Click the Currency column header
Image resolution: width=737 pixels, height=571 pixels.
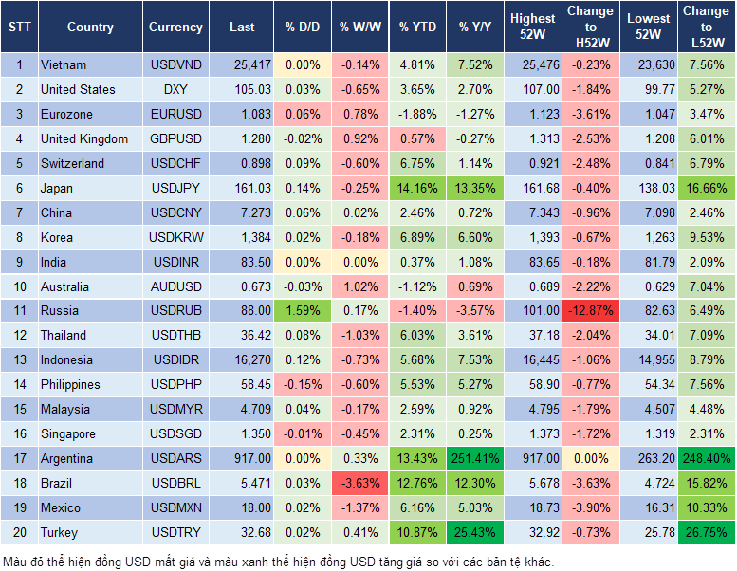click(x=175, y=28)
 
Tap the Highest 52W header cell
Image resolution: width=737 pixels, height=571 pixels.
click(x=533, y=27)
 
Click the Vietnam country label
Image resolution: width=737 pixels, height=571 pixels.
click(x=64, y=65)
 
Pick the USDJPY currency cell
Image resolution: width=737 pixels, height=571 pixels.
click(x=175, y=188)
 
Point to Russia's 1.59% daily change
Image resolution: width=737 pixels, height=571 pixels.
click(x=303, y=310)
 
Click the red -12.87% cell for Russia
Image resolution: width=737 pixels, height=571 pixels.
click(x=590, y=310)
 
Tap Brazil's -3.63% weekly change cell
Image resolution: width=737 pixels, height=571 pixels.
click(x=358, y=483)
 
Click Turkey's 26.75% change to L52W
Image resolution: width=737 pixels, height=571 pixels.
click(x=708, y=532)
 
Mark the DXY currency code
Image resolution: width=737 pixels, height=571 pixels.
click(x=175, y=89)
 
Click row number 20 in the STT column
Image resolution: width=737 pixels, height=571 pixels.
click(x=19, y=532)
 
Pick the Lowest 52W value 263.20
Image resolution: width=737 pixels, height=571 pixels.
click(x=651, y=458)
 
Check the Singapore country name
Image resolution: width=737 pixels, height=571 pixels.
click(x=68, y=433)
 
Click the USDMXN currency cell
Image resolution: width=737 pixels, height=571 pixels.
click(x=175, y=507)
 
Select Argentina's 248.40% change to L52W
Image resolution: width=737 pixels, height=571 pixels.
click(x=708, y=458)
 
